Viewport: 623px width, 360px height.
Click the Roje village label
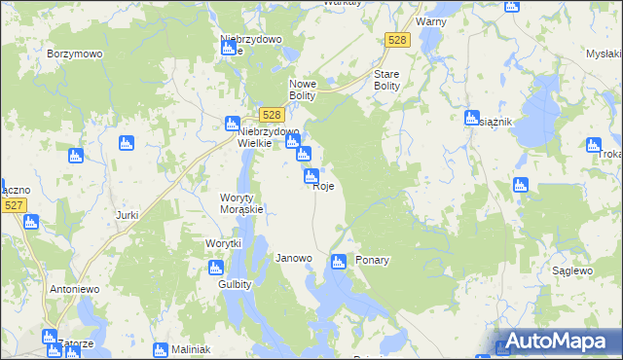click(x=325, y=188)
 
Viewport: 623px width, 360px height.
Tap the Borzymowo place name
click(x=75, y=54)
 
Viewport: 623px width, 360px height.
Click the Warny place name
click(x=430, y=20)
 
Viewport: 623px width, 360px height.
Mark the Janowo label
click(x=294, y=259)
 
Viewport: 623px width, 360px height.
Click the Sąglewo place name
click(x=572, y=270)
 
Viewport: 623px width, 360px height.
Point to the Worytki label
click(x=222, y=243)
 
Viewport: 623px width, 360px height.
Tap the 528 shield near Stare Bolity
click(x=397, y=40)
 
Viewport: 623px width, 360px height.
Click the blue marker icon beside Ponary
click(x=338, y=261)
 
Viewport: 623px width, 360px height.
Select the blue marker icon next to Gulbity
click(x=216, y=268)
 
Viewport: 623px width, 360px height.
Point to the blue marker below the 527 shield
click(x=30, y=222)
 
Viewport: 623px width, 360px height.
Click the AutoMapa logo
click(x=555, y=342)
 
